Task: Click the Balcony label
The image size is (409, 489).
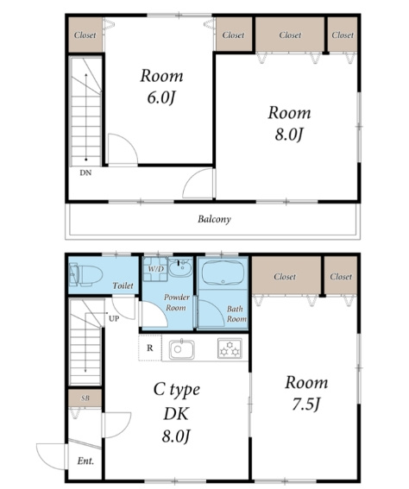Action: [214, 219]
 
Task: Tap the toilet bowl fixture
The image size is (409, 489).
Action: [85, 275]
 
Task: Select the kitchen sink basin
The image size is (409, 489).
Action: [181, 349]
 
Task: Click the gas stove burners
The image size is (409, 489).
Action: [230, 348]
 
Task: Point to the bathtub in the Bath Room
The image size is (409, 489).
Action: [223, 272]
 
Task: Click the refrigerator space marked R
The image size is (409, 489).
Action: [150, 348]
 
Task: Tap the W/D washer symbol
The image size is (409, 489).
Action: [155, 269]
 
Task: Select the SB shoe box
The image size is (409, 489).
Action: [85, 398]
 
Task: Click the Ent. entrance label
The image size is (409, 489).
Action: [85, 461]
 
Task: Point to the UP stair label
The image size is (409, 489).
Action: [114, 319]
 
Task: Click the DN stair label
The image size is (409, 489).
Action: [85, 172]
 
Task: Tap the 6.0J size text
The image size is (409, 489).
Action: [161, 98]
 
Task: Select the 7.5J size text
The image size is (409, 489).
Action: [306, 404]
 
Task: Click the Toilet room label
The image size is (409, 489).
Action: [123, 285]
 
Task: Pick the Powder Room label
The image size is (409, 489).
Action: [177, 302]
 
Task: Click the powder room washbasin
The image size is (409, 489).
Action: [180, 267]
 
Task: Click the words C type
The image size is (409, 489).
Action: [177, 390]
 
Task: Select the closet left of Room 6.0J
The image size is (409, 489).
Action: [85, 34]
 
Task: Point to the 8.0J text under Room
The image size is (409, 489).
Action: [289, 135]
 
